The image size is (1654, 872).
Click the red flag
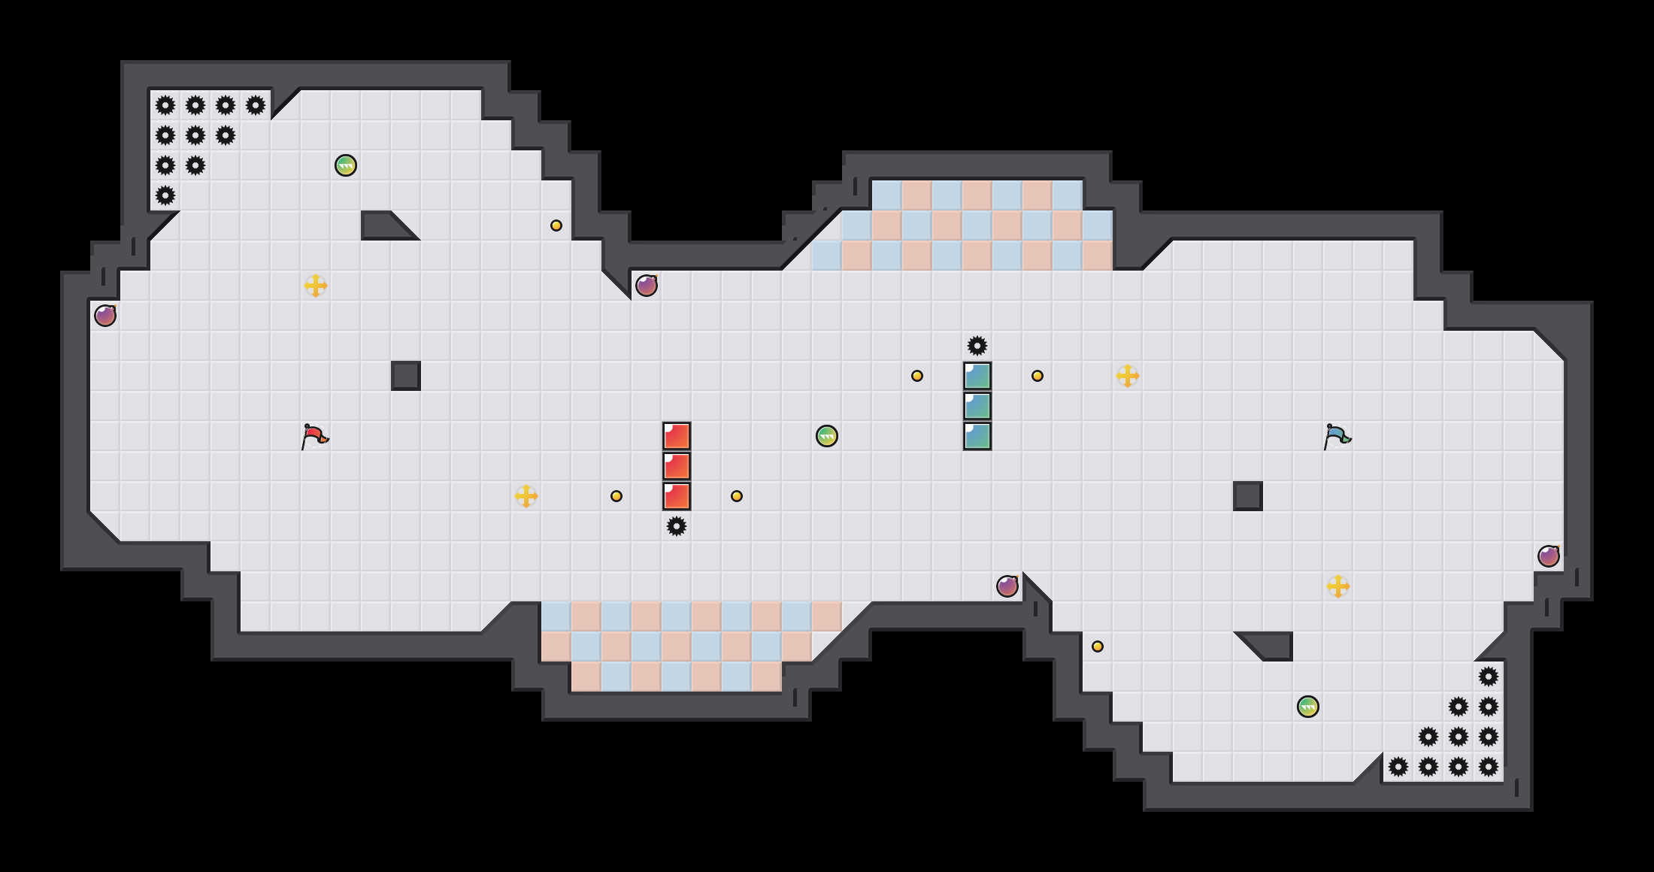coord(314,436)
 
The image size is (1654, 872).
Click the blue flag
coord(1337,436)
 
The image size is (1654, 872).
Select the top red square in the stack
coord(677,436)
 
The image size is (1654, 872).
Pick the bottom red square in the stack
coord(677,496)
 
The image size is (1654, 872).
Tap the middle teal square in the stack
coord(977,406)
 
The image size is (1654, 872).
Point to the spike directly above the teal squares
coord(977,346)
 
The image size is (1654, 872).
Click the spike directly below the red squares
coord(677,526)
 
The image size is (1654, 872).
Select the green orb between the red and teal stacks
coord(827,436)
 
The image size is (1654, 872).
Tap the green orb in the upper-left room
coord(346,165)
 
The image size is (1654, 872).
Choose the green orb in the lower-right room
coord(1308,707)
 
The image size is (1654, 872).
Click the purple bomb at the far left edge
coord(105,316)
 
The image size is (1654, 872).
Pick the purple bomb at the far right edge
coord(1549,556)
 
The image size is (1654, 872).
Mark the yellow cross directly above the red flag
coord(316,286)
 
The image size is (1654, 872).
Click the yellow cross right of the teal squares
coord(1128,376)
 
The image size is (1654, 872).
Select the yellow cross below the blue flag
coord(1338,586)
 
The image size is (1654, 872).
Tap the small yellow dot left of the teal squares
coord(917,376)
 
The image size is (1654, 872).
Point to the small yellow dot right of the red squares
coord(737,496)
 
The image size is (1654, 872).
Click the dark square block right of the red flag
coord(406,376)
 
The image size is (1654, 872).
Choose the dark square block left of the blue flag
coord(1248,496)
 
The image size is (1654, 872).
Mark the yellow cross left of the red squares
coord(526,496)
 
